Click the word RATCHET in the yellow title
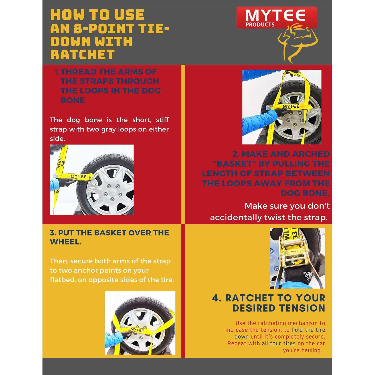pos(82,54)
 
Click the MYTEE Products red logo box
pos(277,18)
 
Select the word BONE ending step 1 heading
pos(73,100)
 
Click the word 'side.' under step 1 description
pos(57,139)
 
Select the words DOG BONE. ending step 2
pos(305,193)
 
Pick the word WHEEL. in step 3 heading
pos(65,242)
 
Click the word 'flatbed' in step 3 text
pos(63,280)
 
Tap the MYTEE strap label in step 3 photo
pos(137,330)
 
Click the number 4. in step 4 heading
pos(216,298)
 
